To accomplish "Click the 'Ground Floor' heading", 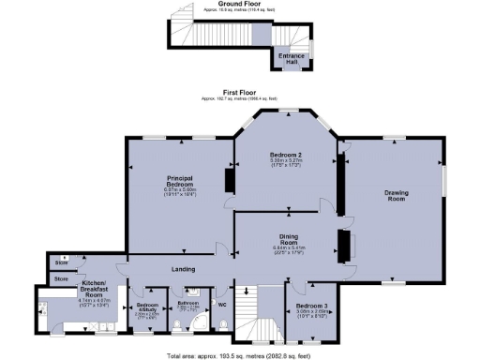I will (x=239, y=4).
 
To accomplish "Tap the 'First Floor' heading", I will (x=239, y=92).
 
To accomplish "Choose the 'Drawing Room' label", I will (x=396, y=197).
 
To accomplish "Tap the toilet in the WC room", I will (x=223, y=323).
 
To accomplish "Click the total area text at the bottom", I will (x=239, y=356).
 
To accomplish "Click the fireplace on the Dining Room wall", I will (x=344, y=246).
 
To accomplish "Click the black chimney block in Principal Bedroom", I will (x=228, y=178).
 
